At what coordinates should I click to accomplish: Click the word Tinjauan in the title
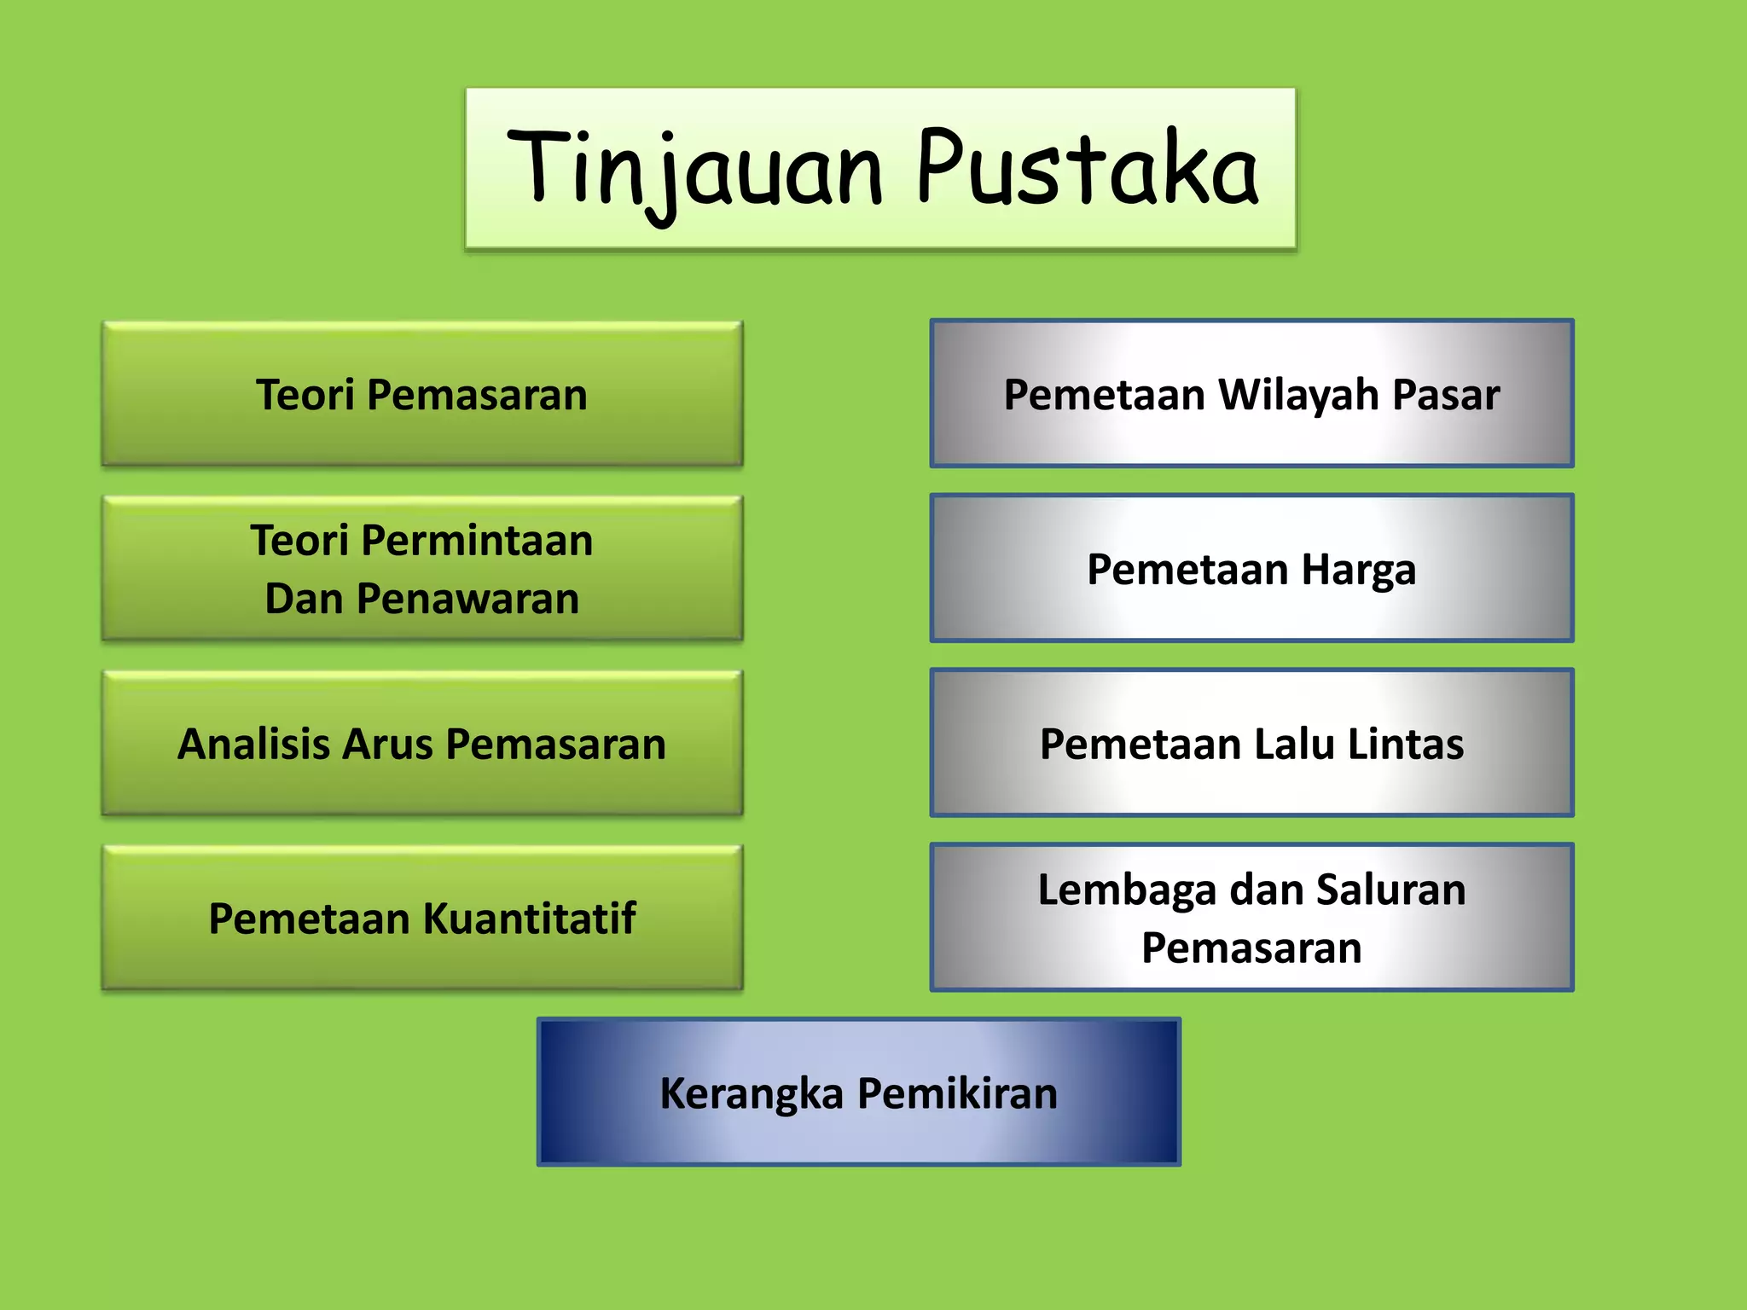pos(695,171)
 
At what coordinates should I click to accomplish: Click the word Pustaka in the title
pos(1088,171)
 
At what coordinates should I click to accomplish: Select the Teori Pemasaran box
pos(422,395)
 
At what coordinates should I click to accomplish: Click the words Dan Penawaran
pos(422,599)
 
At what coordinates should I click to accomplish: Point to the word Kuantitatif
pos(529,919)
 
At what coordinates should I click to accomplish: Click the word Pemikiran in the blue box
pos(957,1093)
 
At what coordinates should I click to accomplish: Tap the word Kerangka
pos(751,1093)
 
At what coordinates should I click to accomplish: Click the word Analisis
pos(253,744)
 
